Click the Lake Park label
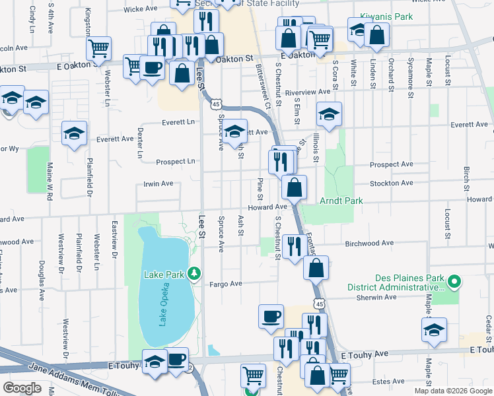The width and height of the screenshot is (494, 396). (x=165, y=273)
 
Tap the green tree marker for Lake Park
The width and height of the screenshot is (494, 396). (x=194, y=273)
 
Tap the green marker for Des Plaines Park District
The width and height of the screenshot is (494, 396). (x=453, y=282)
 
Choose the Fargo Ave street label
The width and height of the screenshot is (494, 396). (x=227, y=284)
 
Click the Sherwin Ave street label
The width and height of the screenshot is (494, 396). (x=377, y=297)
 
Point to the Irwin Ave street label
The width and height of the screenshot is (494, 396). (x=158, y=183)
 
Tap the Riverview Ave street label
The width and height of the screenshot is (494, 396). (x=307, y=92)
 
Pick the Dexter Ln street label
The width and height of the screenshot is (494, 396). (x=140, y=143)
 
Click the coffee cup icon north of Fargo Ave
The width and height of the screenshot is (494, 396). (x=271, y=317)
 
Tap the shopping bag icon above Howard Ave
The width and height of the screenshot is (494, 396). (x=295, y=187)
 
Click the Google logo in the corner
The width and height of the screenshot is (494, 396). (x=22, y=388)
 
